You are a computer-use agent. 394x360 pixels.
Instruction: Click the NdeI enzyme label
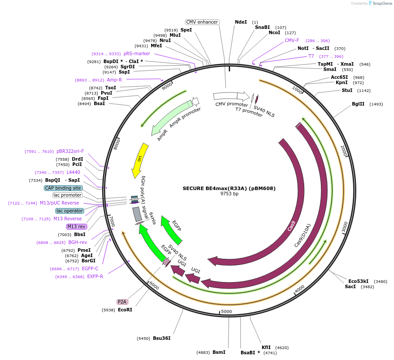(241, 22)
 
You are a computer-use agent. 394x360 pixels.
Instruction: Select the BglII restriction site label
(358, 104)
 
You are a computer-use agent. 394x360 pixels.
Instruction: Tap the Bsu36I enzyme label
(162, 338)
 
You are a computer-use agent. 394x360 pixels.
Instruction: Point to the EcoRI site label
(125, 310)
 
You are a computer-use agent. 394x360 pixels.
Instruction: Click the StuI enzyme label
(347, 90)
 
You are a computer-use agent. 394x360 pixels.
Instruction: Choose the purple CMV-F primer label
(292, 40)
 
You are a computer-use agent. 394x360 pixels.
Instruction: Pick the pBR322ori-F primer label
(70, 151)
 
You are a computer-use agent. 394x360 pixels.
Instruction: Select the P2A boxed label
(122, 302)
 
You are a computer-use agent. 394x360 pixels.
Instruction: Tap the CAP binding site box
(63, 188)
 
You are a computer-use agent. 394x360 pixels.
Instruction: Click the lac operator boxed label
(70, 211)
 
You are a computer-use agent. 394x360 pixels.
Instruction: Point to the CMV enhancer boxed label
(202, 22)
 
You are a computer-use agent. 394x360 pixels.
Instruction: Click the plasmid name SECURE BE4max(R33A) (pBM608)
(229, 188)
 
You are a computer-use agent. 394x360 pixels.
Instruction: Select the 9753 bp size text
(229, 194)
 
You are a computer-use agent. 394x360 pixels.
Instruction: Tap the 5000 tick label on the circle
(226, 311)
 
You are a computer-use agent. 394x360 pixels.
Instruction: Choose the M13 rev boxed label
(77, 226)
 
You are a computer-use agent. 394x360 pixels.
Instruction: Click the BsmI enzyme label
(219, 352)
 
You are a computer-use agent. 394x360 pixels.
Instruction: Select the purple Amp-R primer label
(114, 80)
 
